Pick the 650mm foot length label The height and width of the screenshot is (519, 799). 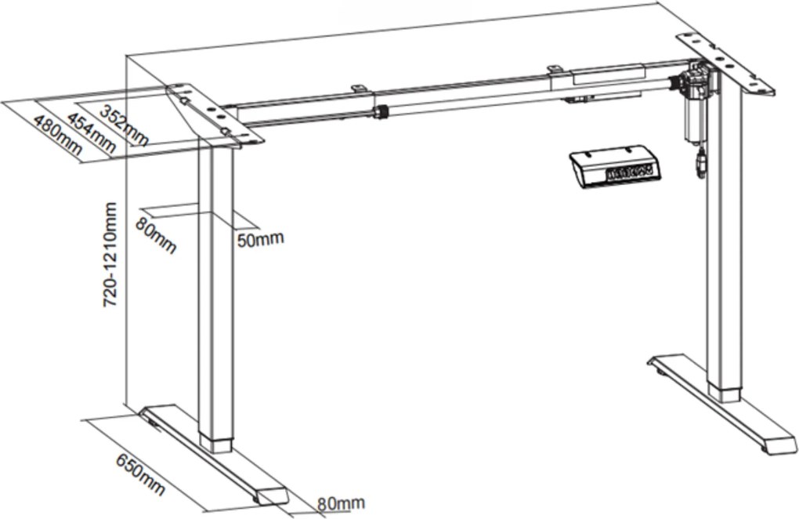pyautogui.click(x=141, y=474)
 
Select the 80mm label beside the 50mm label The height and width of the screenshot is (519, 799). pyautogui.click(x=155, y=235)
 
